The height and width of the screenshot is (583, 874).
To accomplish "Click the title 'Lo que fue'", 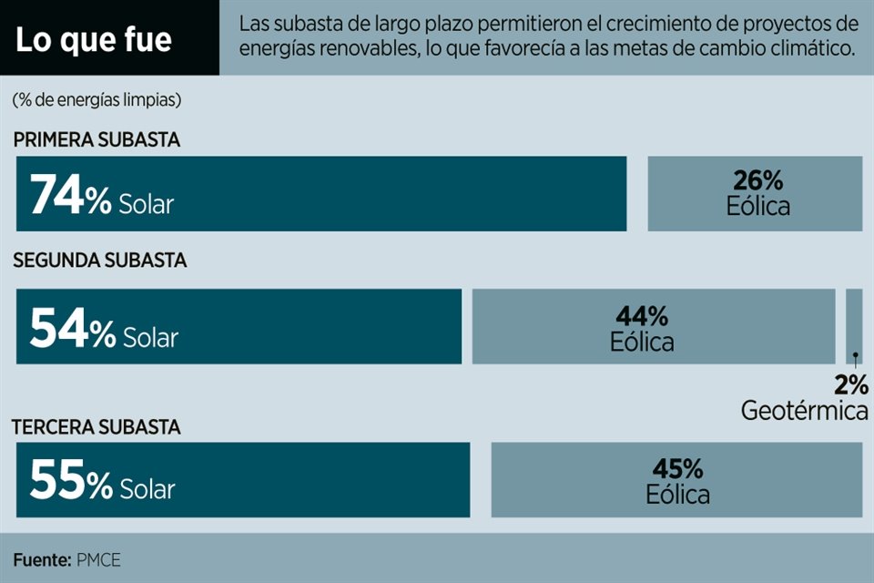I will (x=95, y=41).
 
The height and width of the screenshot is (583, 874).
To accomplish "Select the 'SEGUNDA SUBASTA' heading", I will (x=99, y=261).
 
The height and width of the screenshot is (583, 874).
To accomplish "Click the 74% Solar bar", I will (x=321, y=193).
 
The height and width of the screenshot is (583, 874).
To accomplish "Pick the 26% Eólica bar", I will (x=755, y=193).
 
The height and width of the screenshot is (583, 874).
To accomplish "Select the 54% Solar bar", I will (x=239, y=326).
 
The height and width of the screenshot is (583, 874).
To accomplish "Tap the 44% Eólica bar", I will (x=653, y=326).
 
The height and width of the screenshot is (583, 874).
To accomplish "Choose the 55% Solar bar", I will (x=243, y=479).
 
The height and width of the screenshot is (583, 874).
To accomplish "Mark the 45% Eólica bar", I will (x=676, y=479).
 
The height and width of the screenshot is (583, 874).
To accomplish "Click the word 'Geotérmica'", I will (x=804, y=411).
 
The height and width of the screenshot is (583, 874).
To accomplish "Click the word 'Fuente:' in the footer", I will (x=42, y=559).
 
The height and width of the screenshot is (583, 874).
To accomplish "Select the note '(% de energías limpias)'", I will (x=97, y=99).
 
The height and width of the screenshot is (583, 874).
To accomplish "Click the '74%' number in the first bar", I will (x=70, y=195).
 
